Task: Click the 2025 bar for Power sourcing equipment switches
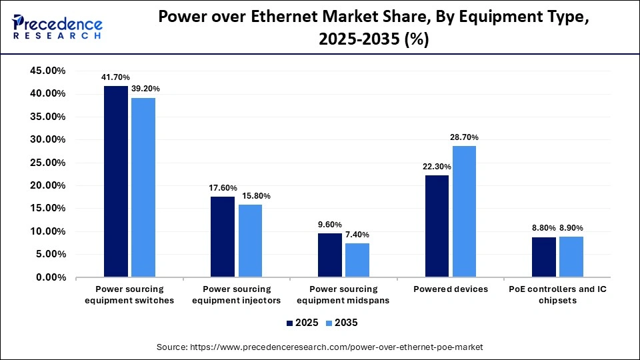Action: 116,181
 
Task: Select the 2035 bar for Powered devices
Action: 464,211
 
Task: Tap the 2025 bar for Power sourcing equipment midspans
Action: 329,255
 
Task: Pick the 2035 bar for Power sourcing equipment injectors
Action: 250,241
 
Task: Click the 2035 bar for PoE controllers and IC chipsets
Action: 571,257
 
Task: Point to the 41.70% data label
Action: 115,77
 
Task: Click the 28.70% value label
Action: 464,137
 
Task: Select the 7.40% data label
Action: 357,235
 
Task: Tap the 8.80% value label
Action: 544,228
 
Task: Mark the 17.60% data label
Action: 223,188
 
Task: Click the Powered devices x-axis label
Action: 451,289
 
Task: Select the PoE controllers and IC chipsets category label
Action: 557,295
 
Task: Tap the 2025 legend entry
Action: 301,323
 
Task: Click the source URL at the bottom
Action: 320,347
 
